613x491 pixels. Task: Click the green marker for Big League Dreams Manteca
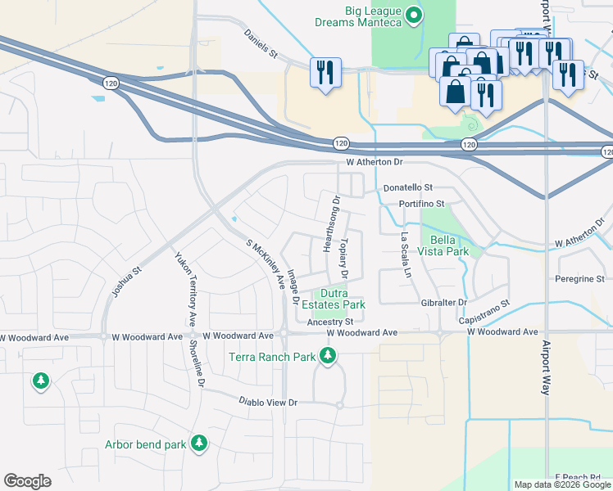(415, 14)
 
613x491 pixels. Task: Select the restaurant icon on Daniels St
(325, 72)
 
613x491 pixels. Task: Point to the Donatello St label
(410, 187)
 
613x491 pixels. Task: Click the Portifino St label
(421, 203)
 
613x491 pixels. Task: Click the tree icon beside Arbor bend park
(198, 444)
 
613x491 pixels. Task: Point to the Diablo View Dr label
(267, 403)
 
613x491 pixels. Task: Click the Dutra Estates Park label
(342, 299)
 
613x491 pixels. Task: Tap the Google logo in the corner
(28, 481)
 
